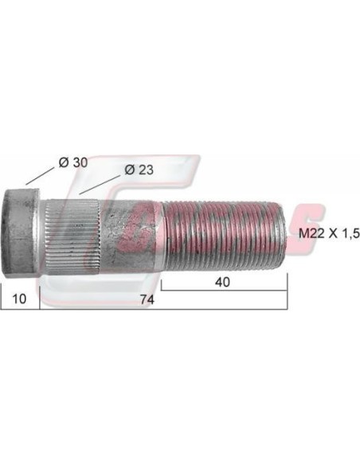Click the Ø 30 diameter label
pyautogui.click(x=73, y=162)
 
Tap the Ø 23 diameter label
pyautogui.click(x=139, y=170)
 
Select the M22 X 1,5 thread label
pyautogui.click(x=329, y=234)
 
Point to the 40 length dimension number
pyautogui.click(x=222, y=282)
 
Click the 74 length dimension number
pyautogui.click(x=147, y=300)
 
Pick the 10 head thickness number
pyautogui.click(x=19, y=299)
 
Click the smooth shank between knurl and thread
pyautogui.click(x=131, y=234)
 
